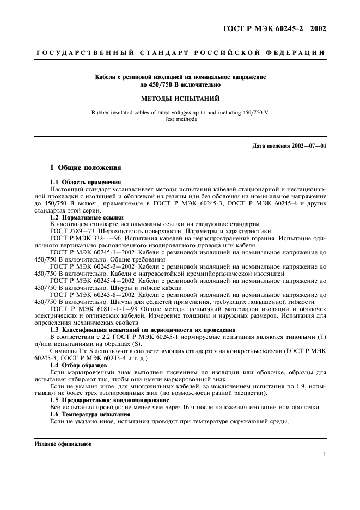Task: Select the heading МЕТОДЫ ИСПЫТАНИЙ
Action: pos(180,99)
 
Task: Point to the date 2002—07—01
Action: pos(308,146)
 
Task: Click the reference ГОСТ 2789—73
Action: pos(70,231)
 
